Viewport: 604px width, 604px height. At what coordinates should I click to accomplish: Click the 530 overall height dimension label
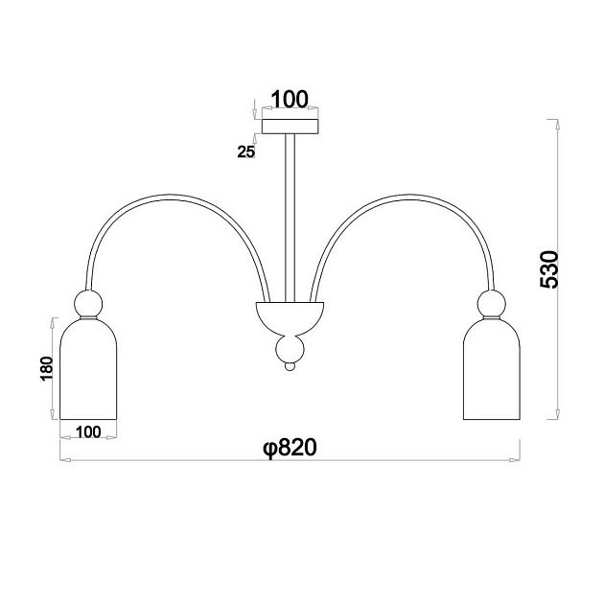pos(549,269)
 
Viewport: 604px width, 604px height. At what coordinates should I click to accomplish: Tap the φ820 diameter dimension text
pos(290,448)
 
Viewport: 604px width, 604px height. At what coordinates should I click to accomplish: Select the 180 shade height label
pos(47,369)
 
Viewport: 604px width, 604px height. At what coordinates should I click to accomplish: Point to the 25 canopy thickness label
pos(245,152)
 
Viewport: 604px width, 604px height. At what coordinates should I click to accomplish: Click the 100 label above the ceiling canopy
pos(290,99)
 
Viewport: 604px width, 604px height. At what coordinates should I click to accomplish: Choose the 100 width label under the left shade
pos(88,432)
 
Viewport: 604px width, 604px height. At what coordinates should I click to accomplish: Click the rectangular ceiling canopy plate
pos(290,127)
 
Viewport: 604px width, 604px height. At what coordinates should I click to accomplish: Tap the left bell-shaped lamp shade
pos(88,368)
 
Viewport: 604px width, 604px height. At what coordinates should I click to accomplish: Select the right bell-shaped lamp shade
pos(492,368)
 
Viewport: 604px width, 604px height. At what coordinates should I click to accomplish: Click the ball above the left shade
pos(88,303)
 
